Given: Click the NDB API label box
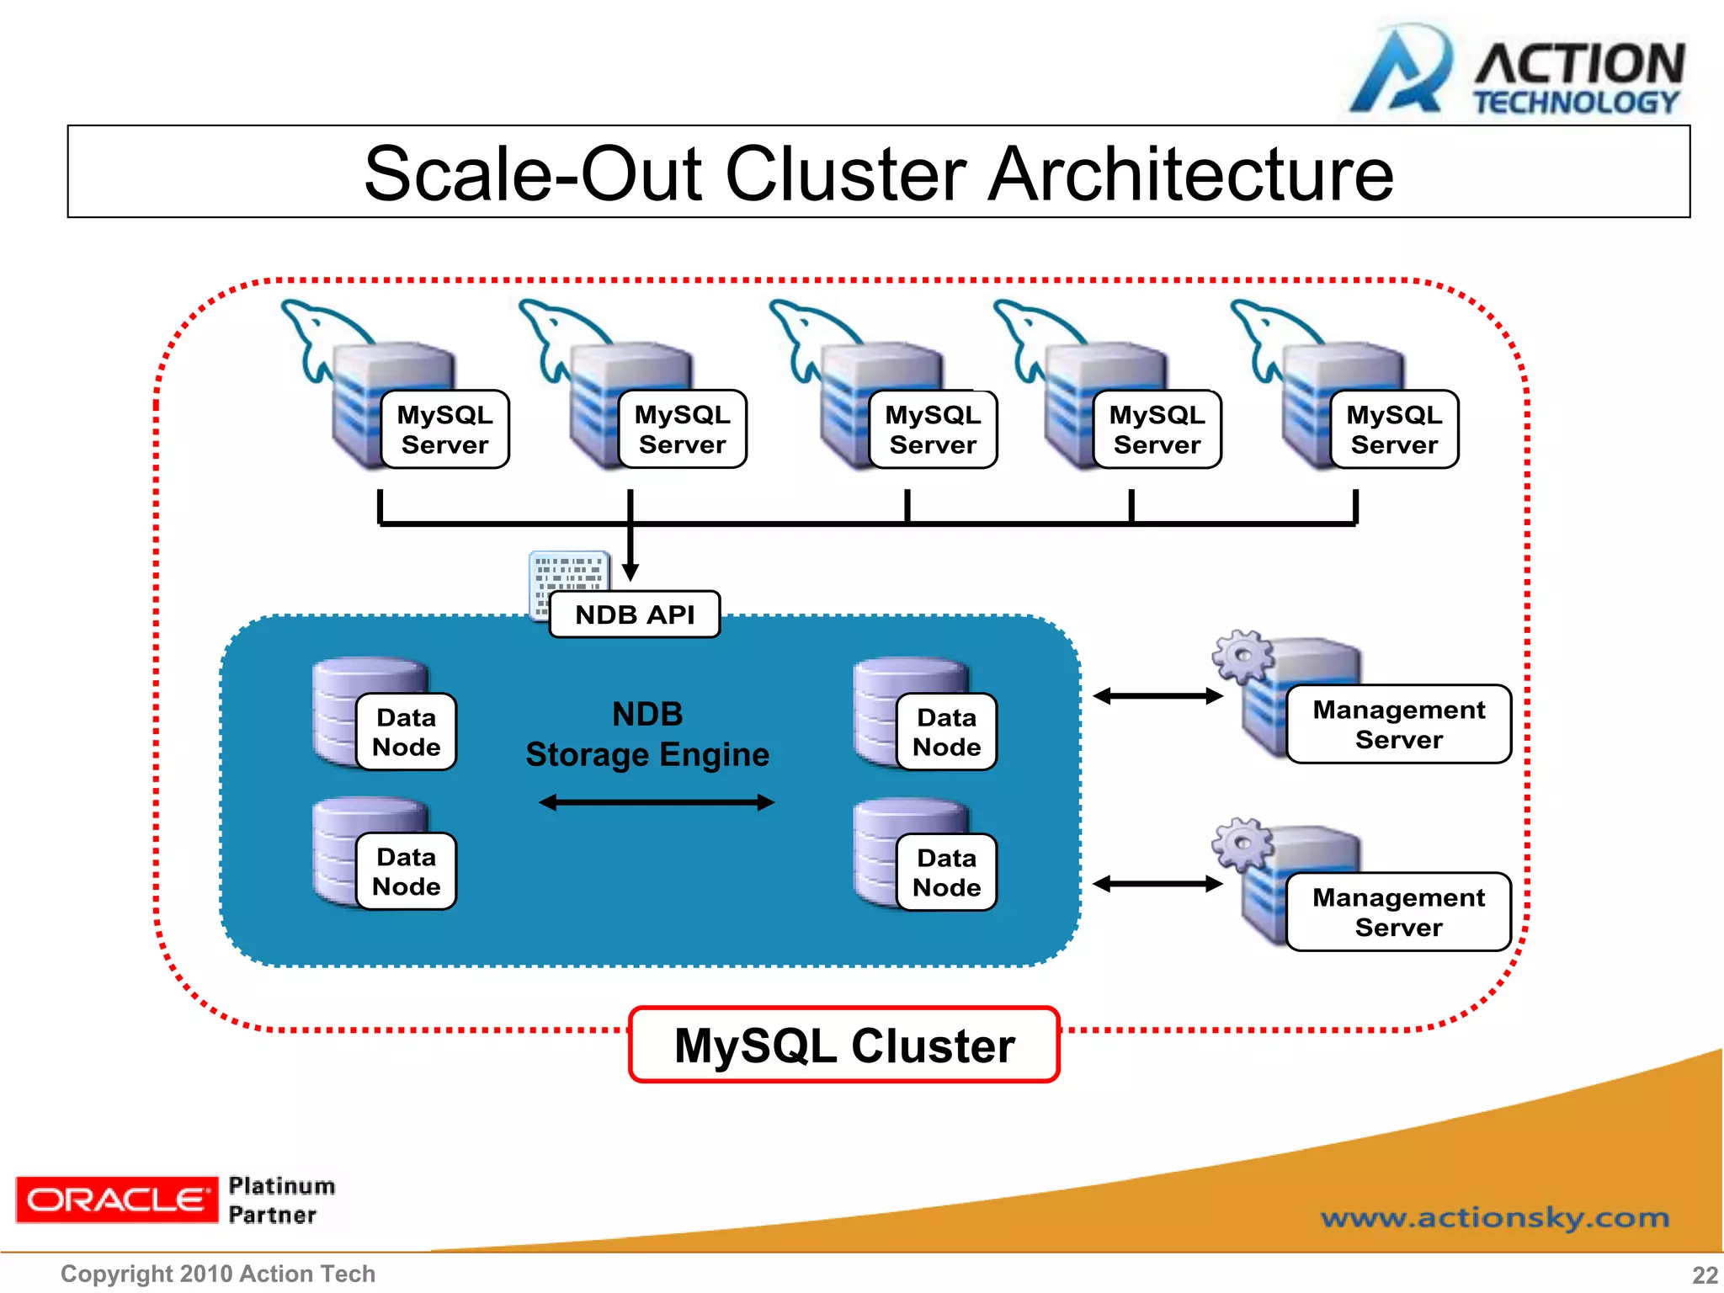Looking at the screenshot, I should coord(635,615).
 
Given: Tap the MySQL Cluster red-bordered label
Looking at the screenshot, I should coord(844,1046).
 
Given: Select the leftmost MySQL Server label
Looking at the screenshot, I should coord(444,429).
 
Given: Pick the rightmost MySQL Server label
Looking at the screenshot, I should coord(1394,429).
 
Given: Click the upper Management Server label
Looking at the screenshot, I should coord(1398,724).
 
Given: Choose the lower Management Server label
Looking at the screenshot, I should coord(1398,912).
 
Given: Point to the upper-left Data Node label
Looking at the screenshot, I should coord(406,732).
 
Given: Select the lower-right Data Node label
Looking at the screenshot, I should coord(946,872).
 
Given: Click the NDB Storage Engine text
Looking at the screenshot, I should coord(647,734).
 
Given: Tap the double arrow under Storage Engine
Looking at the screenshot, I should coord(656,802).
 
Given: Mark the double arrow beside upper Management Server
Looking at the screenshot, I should coord(1157,696).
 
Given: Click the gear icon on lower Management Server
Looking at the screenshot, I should coord(1242,843).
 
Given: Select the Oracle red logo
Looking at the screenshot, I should coord(116,1200).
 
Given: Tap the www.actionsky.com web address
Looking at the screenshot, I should coord(1494,1217).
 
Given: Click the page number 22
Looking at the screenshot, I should coord(1705,1274).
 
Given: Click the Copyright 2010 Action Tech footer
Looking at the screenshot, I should coord(218,1274).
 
